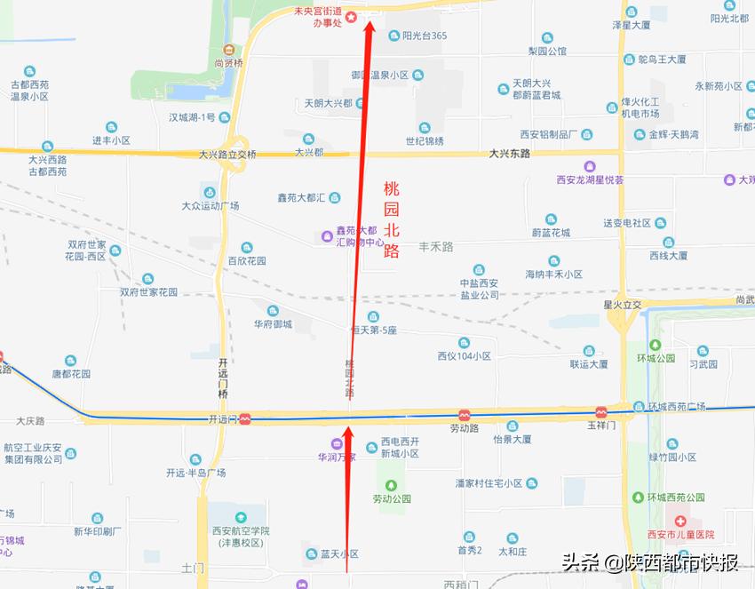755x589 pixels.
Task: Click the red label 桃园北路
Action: point(392,219)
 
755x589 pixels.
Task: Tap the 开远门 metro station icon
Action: point(244,418)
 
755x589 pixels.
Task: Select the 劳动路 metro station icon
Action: point(464,415)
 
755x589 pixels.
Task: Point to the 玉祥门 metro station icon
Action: point(601,413)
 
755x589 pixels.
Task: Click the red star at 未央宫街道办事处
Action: point(351,17)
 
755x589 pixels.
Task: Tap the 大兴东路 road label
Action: point(509,154)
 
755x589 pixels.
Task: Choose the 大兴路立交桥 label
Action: point(226,155)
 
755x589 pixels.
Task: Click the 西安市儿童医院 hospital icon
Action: point(680,521)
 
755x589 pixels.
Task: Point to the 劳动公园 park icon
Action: point(391,485)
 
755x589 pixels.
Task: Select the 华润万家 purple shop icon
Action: point(337,443)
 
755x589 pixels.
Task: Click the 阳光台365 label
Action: point(424,36)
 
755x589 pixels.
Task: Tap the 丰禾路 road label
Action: point(436,246)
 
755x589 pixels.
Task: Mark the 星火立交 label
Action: point(622,304)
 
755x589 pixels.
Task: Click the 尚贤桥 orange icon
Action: point(229,50)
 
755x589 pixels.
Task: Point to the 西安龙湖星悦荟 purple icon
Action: point(590,166)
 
